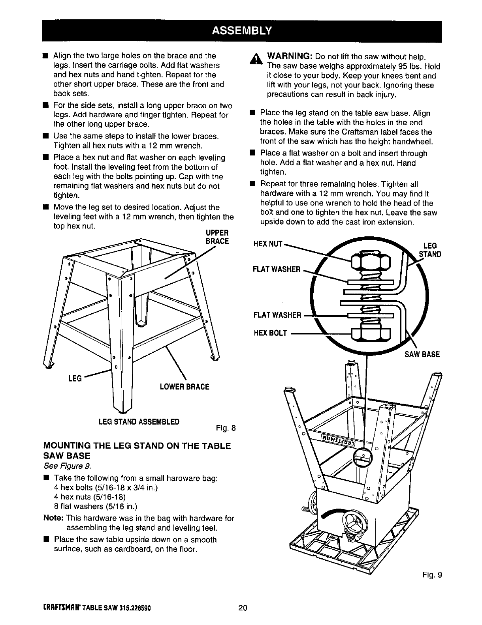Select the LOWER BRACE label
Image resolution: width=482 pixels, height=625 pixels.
tap(184, 387)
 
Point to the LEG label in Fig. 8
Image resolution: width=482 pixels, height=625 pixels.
tap(75, 379)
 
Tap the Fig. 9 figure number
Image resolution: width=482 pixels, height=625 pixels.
tap(433, 574)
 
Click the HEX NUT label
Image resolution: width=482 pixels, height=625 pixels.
tap(267, 244)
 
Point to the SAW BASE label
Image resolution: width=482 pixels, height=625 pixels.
tap(422, 354)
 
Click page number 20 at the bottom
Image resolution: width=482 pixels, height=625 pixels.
tap(242, 608)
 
